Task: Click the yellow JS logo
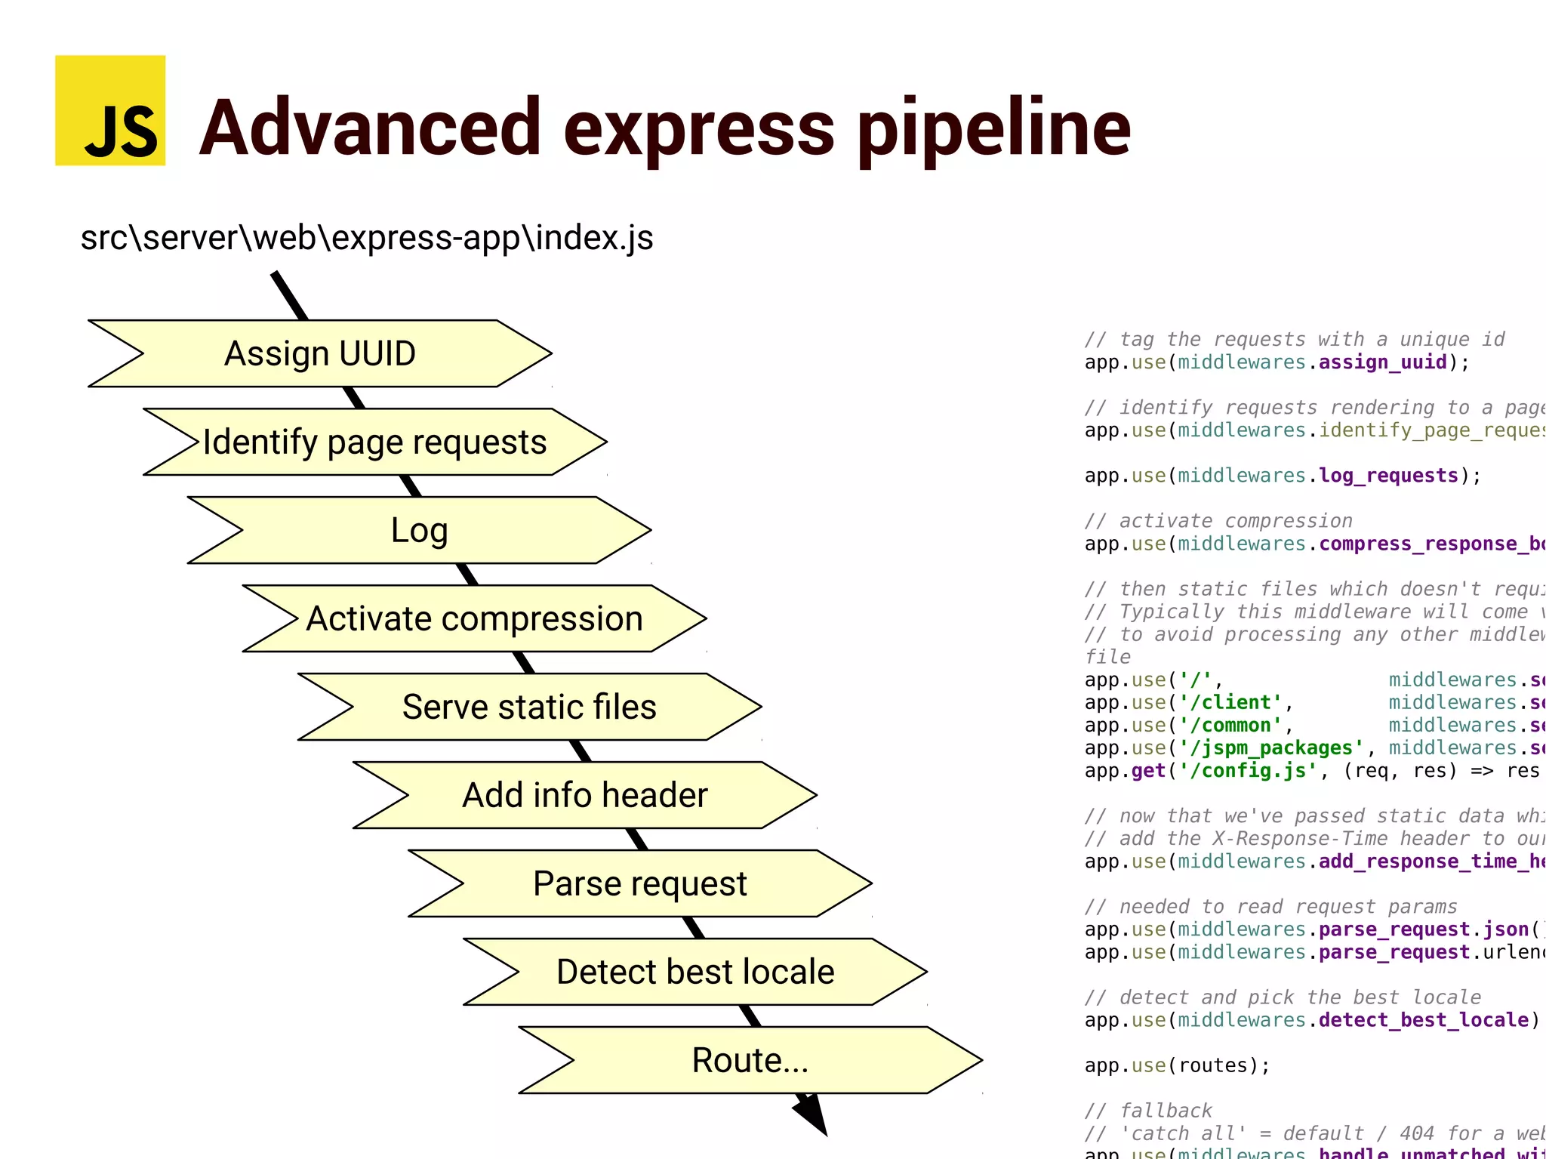[x=110, y=110]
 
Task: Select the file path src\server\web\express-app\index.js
[x=367, y=238]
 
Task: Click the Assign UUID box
[x=320, y=353]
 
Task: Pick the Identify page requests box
[x=374, y=442]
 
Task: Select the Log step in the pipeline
[x=419, y=530]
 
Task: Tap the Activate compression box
[x=474, y=618]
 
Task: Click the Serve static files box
[x=529, y=707]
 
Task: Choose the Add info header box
[x=585, y=795]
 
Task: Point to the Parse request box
[x=639, y=883]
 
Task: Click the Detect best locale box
[x=695, y=972]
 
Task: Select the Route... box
[x=750, y=1060]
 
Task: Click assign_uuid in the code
[x=1382, y=362]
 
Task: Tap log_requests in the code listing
[x=1388, y=476]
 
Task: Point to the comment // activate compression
[x=1218, y=521]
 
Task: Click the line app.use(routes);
[x=1178, y=1065]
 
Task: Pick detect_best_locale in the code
[x=1424, y=1020]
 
